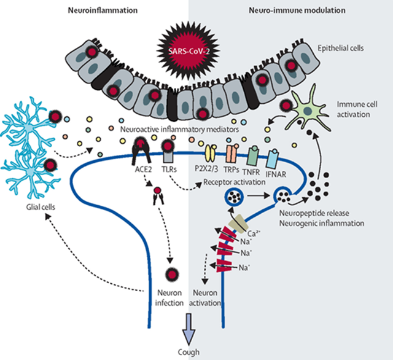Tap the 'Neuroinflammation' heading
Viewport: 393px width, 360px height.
tap(103, 10)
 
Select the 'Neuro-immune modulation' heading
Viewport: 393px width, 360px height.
tap(297, 10)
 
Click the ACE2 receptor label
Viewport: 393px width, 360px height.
tap(143, 170)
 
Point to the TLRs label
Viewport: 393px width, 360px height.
tap(169, 170)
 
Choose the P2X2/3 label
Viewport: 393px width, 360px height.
tap(206, 169)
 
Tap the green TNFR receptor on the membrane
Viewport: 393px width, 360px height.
tap(254, 155)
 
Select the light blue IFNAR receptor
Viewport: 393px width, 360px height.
tap(273, 158)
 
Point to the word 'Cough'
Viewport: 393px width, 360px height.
tap(189, 352)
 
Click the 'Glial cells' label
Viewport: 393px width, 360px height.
tap(41, 207)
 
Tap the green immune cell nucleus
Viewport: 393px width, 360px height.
tap(307, 111)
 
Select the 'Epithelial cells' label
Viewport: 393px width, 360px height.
tap(341, 48)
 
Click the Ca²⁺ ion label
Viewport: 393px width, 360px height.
tap(254, 233)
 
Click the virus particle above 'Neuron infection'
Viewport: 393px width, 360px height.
tap(173, 274)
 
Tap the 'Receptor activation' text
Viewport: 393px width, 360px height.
tap(235, 182)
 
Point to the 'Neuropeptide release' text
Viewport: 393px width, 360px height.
tap(314, 213)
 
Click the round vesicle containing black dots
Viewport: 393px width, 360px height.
tap(234, 197)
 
